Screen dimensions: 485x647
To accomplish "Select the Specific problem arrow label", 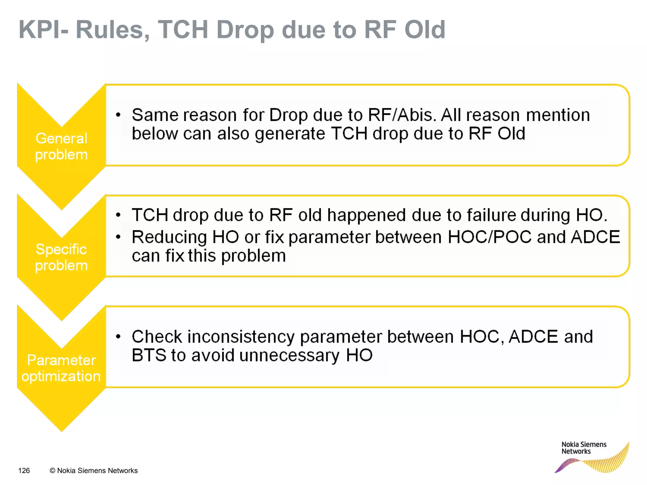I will [61, 257].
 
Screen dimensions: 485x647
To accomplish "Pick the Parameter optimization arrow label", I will [61, 368].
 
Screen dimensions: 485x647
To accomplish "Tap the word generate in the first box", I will [290, 134].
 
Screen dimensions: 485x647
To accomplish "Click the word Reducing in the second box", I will [169, 237].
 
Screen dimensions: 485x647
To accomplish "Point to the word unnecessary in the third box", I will [289, 356].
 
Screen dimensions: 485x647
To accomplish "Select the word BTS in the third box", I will [149, 356].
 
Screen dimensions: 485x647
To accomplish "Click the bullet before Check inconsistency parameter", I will [118, 337].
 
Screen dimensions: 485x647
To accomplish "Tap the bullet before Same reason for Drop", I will [118, 115].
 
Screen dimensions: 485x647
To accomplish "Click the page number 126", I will [24, 471].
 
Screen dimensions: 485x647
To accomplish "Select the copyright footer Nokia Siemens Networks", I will [94, 471].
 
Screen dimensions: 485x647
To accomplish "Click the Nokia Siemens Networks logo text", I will [584, 448].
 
